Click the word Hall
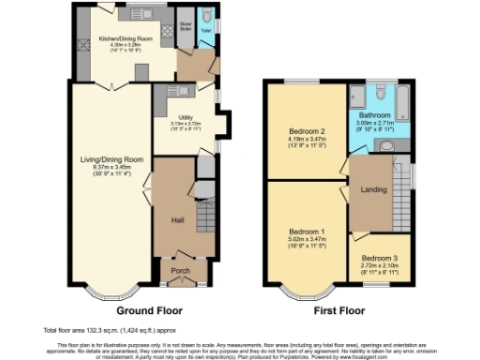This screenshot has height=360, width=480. coord(176,220)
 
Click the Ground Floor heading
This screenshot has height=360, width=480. coord(149,309)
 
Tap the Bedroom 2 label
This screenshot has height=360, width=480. coord(307,131)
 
